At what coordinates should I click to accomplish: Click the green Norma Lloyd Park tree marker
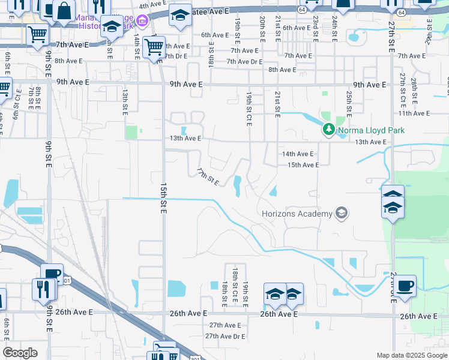point(328,129)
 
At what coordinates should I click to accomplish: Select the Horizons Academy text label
point(297,214)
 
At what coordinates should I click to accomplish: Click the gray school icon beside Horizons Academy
point(342,212)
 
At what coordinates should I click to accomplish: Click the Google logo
point(20,353)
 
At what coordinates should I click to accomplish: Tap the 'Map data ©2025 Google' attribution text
point(412,355)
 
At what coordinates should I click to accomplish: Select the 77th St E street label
point(208,176)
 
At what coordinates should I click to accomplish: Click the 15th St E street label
point(163,197)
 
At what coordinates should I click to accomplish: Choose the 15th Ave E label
point(303,164)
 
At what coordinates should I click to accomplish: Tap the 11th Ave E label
point(414,113)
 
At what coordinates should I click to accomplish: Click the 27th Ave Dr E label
point(225,336)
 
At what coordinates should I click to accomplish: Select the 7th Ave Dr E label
point(244,61)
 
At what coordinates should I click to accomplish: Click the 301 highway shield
point(67,280)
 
